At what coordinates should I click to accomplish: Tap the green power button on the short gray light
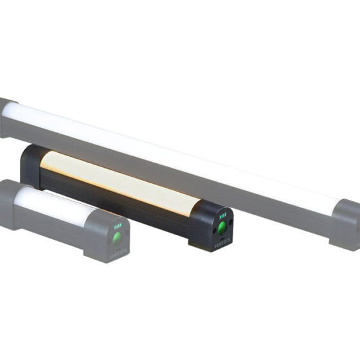(117, 239)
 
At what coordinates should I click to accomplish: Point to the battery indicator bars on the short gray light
(118, 226)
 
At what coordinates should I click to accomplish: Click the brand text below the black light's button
(222, 244)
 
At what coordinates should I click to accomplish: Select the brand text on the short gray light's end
(118, 251)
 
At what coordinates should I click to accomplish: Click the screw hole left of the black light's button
(212, 228)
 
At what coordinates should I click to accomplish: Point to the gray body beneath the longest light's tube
(193, 186)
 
